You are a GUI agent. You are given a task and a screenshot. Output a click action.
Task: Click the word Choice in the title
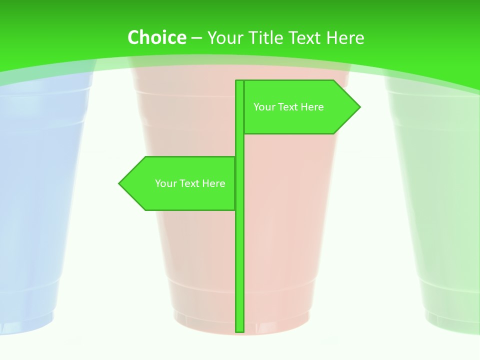coord(156,37)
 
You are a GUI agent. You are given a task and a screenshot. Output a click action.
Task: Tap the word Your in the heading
coord(225,37)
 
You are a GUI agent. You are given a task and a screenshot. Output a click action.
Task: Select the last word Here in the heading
coord(345,37)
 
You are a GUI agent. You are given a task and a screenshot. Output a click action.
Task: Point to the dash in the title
coord(196,38)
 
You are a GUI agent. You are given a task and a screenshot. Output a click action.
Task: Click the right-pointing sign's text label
coord(288,107)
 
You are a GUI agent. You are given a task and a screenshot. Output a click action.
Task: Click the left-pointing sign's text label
coord(190,183)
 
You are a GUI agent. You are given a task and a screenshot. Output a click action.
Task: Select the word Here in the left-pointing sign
coord(213,183)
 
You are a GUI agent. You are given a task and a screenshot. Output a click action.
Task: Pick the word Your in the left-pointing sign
coord(165,183)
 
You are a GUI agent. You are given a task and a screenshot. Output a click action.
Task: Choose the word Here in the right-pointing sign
coord(312,107)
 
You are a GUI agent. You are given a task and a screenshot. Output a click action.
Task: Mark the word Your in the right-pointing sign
coord(263,107)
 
